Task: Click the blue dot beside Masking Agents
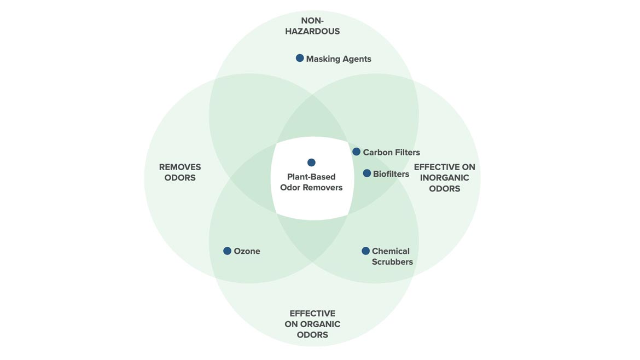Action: (x=300, y=58)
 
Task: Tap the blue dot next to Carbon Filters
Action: (x=357, y=152)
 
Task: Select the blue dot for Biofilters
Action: (x=367, y=173)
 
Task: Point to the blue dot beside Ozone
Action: (x=228, y=251)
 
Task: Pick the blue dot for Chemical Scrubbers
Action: (x=366, y=251)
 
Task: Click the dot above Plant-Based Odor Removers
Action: (x=311, y=162)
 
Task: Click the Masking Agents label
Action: (x=339, y=59)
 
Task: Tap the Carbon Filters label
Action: (x=391, y=153)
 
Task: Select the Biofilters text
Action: (x=391, y=174)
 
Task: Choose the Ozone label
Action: (x=247, y=252)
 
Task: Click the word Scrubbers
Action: (x=392, y=262)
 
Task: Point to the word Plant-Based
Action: (x=311, y=177)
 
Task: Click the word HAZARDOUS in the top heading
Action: (x=312, y=32)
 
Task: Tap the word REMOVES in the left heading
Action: (x=180, y=167)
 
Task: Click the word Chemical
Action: (x=391, y=252)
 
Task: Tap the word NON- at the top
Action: (x=312, y=21)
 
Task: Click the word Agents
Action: (x=355, y=59)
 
